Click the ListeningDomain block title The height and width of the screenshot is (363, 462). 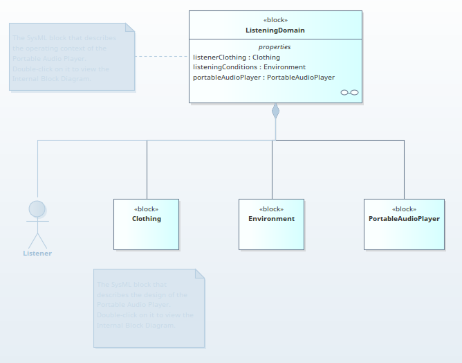275,30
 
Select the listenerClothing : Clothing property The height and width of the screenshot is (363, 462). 237,57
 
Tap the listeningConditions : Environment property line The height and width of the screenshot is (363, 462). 249,67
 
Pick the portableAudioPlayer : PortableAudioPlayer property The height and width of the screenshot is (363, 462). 264,78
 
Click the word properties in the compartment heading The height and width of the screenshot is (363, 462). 275,47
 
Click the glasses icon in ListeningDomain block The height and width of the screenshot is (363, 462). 350,93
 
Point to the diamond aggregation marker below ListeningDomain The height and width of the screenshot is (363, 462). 275,111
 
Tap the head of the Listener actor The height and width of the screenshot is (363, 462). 37,209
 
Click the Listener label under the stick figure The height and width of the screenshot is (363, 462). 37,254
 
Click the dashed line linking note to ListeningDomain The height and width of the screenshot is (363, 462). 162,56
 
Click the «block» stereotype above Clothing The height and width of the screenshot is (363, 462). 146,209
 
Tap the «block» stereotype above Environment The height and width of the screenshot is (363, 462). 271,209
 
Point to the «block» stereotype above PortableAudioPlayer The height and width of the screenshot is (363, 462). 404,209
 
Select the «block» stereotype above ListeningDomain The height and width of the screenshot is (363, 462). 275,20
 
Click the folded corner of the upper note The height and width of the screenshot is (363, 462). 130,28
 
